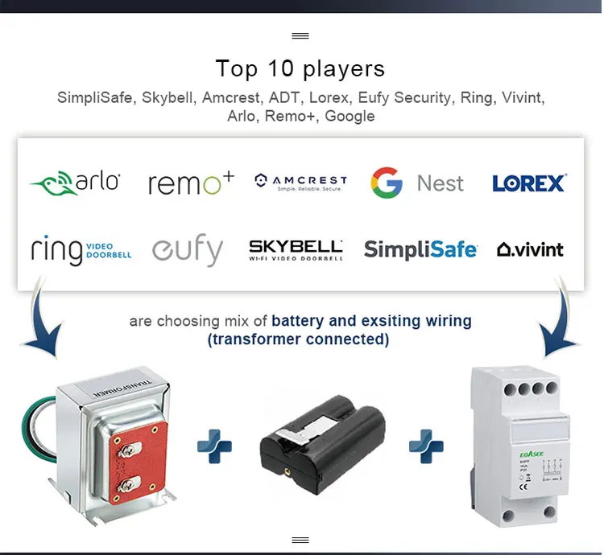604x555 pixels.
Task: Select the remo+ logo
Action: pyautogui.click(x=191, y=183)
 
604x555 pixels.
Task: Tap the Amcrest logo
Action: pyautogui.click(x=300, y=183)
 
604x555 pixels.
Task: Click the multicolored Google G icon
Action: pyautogui.click(x=387, y=183)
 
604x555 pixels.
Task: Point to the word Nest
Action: pyautogui.click(x=441, y=183)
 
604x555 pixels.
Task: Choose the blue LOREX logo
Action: pyautogui.click(x=529, y=183)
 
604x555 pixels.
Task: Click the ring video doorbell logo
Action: pyautogui.click(x=81, y=249)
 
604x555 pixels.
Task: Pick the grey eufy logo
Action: pyautogui.click(x=188, y=251)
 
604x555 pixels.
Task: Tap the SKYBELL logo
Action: pyautogui.click(x=296, y=249)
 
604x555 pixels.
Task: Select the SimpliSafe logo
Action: pyautogui.click(x=420, y=249)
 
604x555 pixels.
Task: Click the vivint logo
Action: pyautogui.click(x=530, y=249)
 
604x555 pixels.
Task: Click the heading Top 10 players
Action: pyautogui.click(x=300, y=68)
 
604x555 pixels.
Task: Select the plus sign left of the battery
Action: pyautogui.click(x=214, y=446)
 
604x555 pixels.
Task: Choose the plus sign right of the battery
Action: pyautogui.click(x=426, y=446)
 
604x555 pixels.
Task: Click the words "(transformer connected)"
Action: pyautogui.click(x=299, y=339)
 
